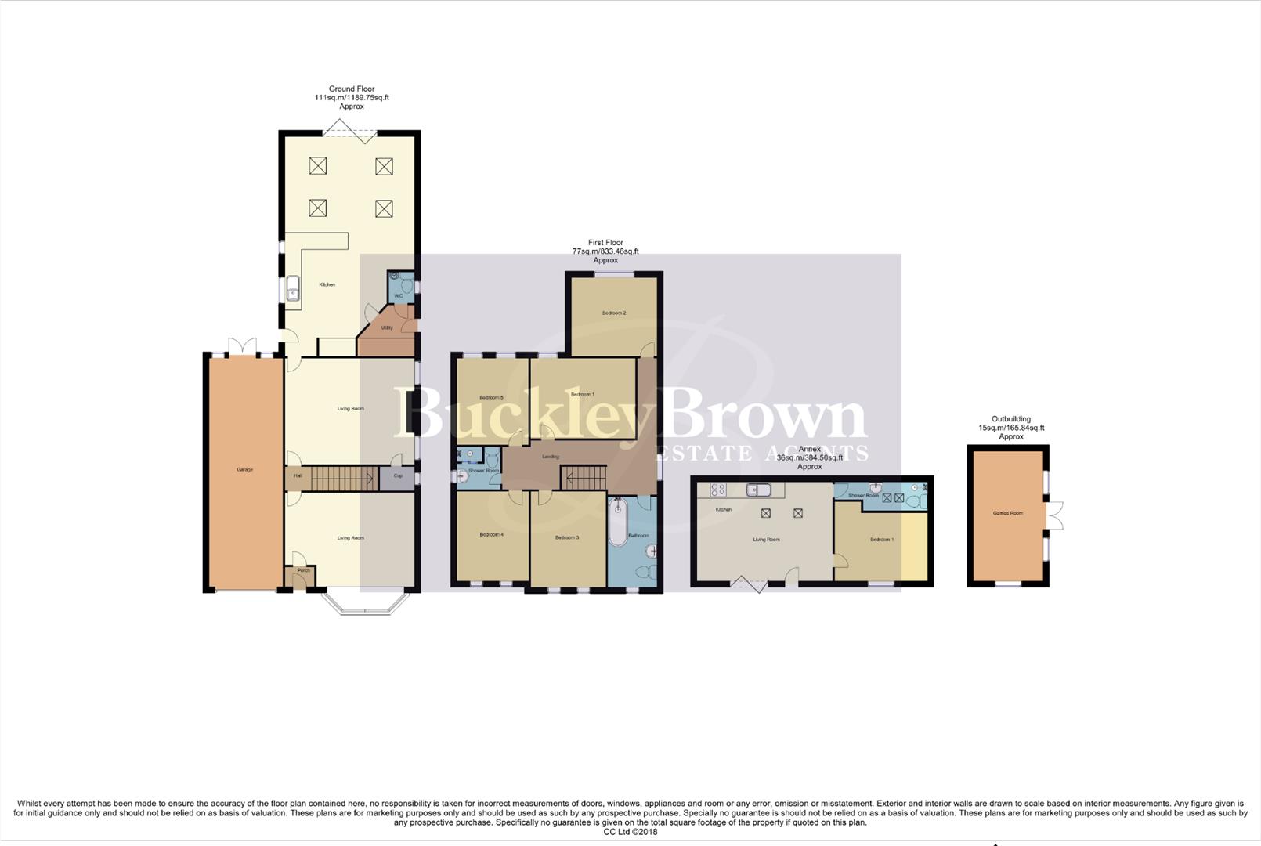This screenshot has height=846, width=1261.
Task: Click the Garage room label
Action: click(x=244, y=469)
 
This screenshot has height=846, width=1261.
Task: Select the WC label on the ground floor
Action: click(x=398, y=296)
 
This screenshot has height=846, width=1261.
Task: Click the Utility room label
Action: click(x=387, y=327)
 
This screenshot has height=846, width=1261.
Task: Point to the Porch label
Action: click(x=303, y=570)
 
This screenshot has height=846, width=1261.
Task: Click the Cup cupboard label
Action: click(x=398, y=475)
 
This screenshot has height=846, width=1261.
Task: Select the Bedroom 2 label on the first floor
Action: click(x=614, y=313)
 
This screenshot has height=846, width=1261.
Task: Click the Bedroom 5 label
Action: click(x=491, y=397)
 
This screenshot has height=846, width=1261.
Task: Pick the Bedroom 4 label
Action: click(x=491, y=534)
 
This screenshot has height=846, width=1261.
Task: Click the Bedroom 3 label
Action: click(x=566, y=537)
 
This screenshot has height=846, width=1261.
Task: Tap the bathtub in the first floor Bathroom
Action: click(x=618, y=522)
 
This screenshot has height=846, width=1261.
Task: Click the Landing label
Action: click(x=551, y=457)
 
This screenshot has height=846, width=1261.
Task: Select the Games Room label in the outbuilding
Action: click(x=1007, y=513)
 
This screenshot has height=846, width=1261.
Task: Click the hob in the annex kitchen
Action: click(x=717, y=490)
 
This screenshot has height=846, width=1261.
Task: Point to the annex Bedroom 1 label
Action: click(x=881, y=539)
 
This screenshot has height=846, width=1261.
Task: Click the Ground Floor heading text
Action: click(x=352, y=89)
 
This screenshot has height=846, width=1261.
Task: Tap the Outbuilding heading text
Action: click(x=1010, y=419)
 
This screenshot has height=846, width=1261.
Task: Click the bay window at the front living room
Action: click(x=366, y=604)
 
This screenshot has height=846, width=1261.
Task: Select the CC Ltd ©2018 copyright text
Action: click(x=630, y=832)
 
